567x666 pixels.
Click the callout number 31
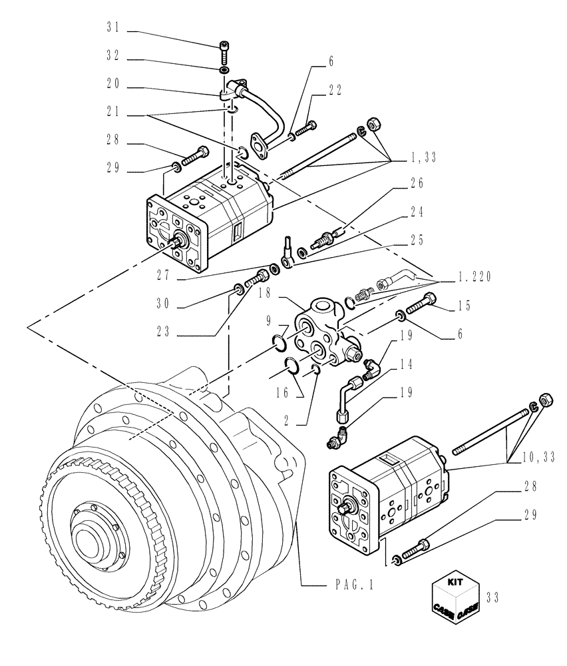113,28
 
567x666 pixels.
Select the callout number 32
113,59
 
